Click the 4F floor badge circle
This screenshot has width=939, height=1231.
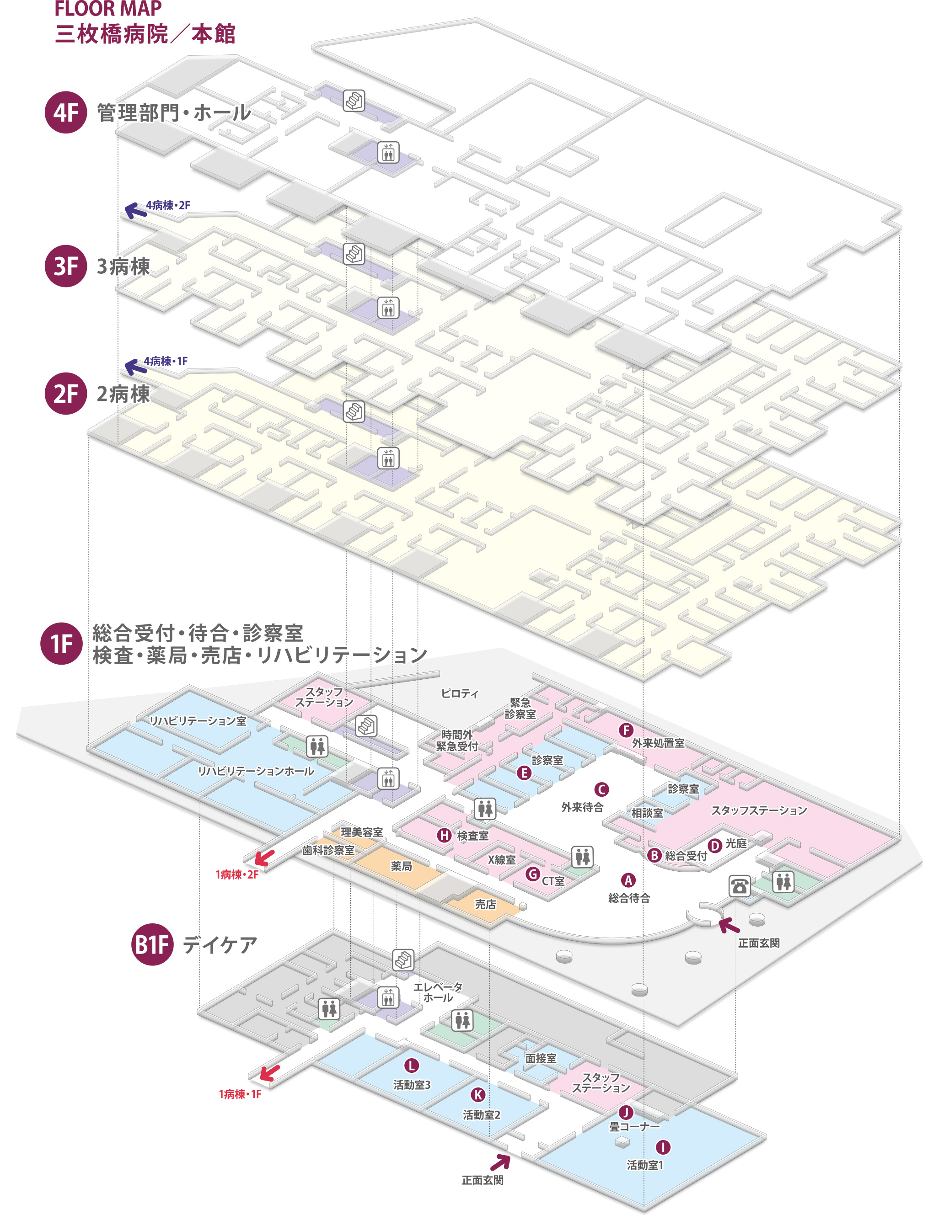[66, 112]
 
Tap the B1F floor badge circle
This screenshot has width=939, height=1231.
[152, 944]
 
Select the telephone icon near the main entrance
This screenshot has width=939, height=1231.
[739, 885]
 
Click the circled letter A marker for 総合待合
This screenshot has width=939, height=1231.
[628, 880]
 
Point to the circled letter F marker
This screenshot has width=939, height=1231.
[626, 730]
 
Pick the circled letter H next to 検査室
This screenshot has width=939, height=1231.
[445, 836]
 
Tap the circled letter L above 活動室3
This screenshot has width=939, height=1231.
[411, 1066]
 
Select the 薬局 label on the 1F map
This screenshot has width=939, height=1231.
[401, 866]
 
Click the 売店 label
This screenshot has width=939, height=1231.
[485, 904]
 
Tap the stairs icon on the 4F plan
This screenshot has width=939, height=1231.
[354, 101]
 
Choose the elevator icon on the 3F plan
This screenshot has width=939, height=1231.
[388, 308]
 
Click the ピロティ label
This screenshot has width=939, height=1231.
[460, 694]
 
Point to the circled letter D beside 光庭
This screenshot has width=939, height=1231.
[715, 846]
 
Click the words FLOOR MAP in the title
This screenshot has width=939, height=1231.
[108, 9]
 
